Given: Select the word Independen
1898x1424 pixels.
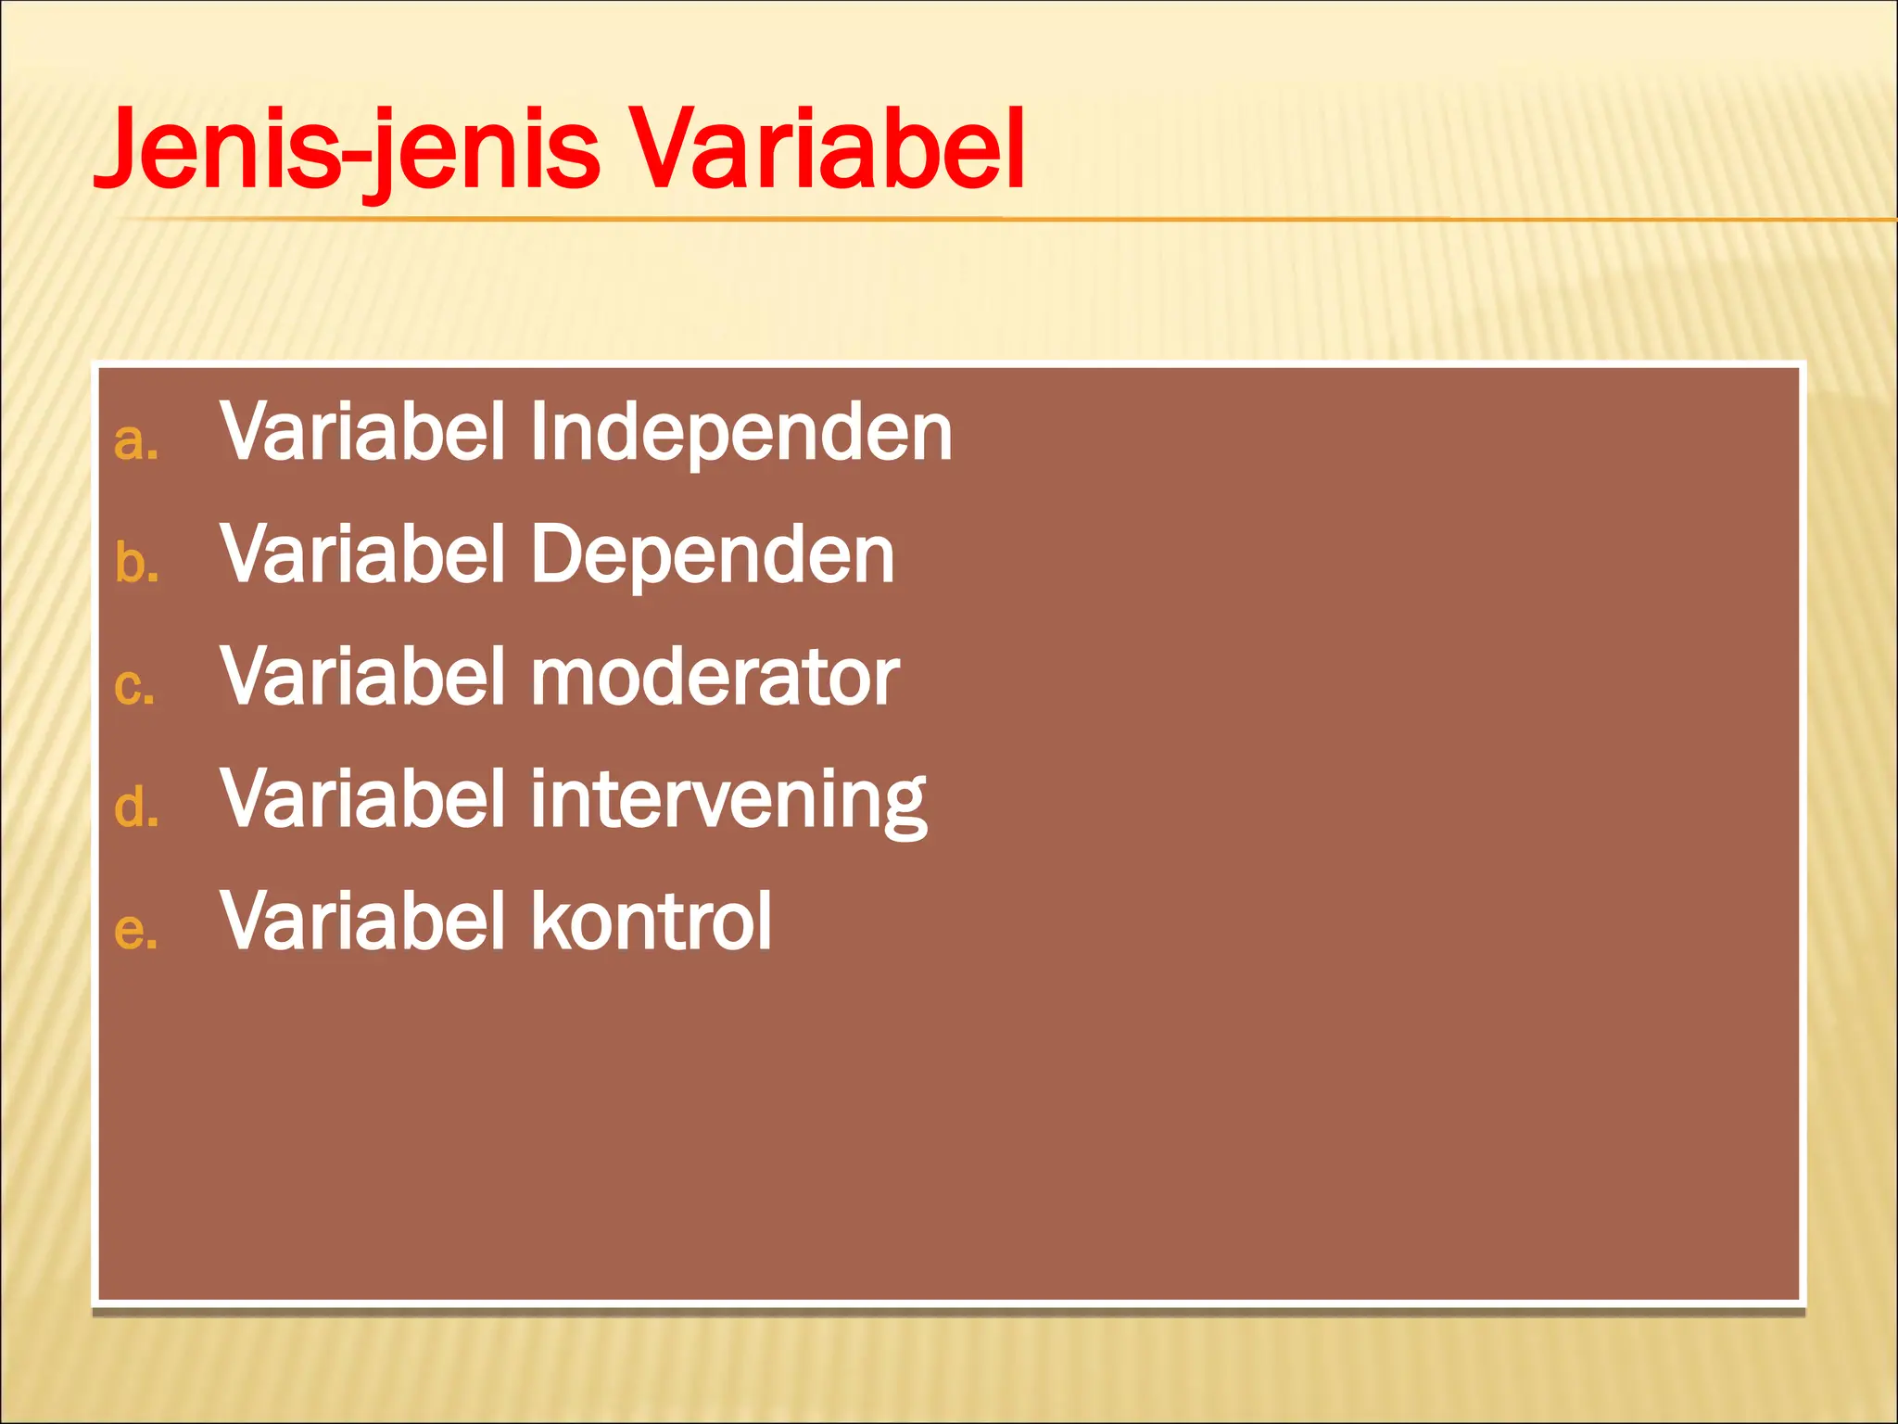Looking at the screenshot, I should tap(740, 434).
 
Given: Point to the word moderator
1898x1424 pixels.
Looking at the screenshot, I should tap(715, 678).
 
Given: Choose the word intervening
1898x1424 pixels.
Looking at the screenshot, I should tap(728, 800).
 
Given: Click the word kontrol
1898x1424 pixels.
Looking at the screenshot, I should tap(651, 922).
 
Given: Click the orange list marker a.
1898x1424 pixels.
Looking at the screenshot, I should tap(135, 442).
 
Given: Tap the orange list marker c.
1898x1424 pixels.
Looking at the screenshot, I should tap(133, 687).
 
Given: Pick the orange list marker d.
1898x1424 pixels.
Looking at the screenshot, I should tap(135, 807).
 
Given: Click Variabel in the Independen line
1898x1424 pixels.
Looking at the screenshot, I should tap(362, 432).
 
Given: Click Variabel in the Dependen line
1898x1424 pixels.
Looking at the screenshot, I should tap(362, 554).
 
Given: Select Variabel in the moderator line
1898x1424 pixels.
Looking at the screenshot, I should tap(362, 677).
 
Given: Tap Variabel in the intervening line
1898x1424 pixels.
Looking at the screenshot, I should tap(362, 798).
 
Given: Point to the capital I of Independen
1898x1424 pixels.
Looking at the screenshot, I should tap(538, 432).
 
